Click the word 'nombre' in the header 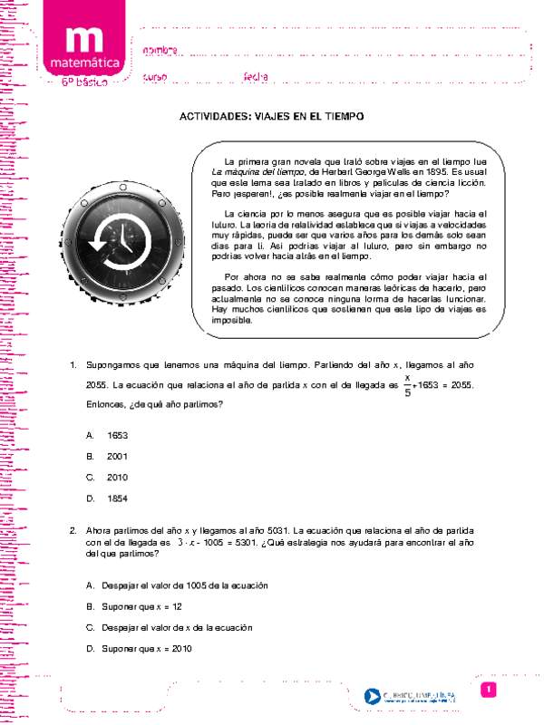(160, 49)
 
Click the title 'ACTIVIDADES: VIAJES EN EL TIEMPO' (271, 117)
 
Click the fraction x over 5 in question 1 (407, 384)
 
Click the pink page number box (488, 691)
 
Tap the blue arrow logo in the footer (372, 697)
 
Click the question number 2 (73, 529)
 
